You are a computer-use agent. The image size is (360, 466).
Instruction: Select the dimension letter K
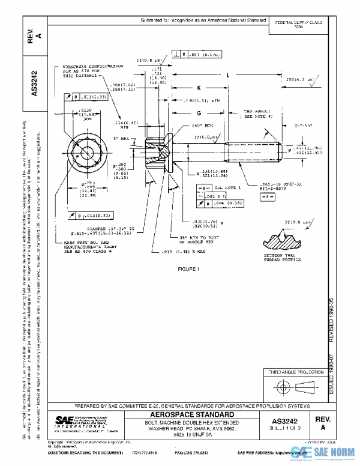(x=197, y=87)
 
